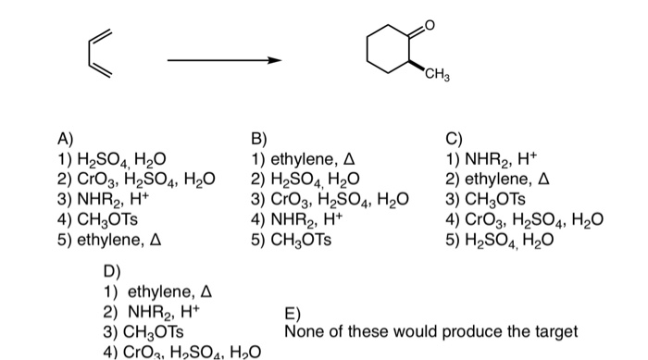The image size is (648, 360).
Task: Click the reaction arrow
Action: (x=223, y=62)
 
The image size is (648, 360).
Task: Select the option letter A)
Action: (x=66, y=141)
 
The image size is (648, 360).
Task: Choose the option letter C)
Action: (x=453, y=141)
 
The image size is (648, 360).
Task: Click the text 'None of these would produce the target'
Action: (x=430, y=330)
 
